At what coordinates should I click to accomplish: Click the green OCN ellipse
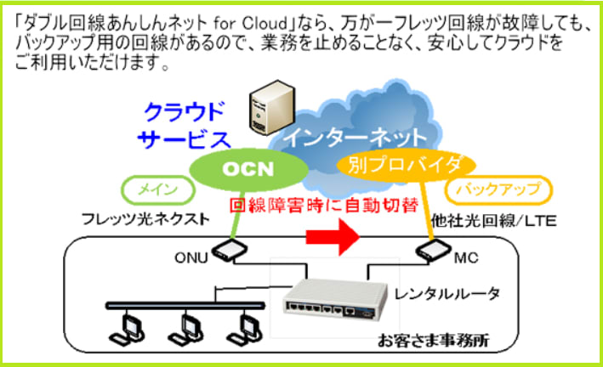[x=249, y=169]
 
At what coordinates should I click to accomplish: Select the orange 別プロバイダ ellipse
[x=406, y=166]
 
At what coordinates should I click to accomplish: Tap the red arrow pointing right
[x=333, y=237]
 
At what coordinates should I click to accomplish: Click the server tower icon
[x=272, y=107]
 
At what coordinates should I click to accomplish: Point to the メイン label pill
[x=158, y=189]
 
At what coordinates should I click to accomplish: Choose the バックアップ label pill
[x=498, y=189]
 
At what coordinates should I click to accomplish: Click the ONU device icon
[x=230, y=250]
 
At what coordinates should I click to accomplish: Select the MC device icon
[x=433, y=250]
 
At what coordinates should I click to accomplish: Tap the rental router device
[x=334, y=298]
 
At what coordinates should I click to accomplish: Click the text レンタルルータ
[x=447, y=294]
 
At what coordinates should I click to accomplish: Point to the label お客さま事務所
[x=433, y=340]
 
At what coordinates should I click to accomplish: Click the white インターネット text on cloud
[x=356, y=137]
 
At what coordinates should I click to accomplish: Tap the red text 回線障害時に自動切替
[x=324, y=206]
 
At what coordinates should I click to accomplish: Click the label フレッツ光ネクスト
[x=145, y=220]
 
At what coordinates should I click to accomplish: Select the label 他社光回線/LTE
[x=494, y=221]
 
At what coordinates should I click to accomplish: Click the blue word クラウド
[x=184, y=111]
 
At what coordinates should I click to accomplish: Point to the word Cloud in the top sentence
[x=265, y=24]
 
